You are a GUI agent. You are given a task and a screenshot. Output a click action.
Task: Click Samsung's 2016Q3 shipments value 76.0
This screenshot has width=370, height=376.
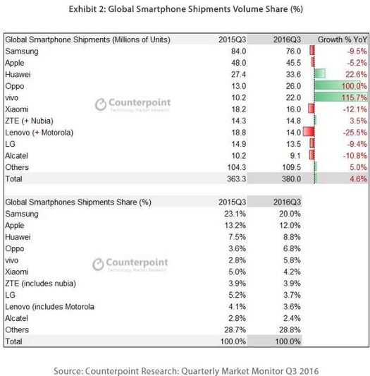293,51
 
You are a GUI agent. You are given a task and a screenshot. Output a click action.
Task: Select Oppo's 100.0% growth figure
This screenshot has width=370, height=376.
354,86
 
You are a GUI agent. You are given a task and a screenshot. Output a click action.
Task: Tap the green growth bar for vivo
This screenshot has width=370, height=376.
340,97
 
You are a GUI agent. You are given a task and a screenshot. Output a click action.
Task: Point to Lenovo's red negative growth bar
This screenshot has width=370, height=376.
309,132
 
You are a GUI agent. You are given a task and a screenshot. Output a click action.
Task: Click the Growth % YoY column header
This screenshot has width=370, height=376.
343,40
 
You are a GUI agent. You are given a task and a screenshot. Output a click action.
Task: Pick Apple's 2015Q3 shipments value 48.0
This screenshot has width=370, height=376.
238,63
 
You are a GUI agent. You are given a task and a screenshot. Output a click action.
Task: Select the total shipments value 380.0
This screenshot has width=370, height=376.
291,179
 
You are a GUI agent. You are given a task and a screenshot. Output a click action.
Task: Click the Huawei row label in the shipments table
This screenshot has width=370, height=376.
18,74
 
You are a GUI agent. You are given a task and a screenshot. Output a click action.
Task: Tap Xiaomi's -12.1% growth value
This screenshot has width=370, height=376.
355,109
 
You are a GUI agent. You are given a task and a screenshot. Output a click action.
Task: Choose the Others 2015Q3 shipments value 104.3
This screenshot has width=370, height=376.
237,167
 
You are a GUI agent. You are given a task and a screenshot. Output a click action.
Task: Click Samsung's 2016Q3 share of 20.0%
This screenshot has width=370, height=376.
290,214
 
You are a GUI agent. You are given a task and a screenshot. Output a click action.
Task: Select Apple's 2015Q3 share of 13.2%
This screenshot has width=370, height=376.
235,226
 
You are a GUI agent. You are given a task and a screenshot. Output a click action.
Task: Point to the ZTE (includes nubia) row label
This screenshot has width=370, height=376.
40,284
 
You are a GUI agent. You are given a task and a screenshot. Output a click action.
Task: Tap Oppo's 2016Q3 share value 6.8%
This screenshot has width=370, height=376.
292,248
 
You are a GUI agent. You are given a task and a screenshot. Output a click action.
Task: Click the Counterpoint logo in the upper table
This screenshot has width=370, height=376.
133,104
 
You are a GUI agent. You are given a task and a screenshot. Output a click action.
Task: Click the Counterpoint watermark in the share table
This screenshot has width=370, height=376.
130,265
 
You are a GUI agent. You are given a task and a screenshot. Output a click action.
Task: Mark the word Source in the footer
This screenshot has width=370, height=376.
68,371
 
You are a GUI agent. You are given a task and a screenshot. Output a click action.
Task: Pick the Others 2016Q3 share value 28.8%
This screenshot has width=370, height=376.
290,329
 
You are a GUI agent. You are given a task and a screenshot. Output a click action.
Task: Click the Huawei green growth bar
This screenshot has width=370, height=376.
320,73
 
